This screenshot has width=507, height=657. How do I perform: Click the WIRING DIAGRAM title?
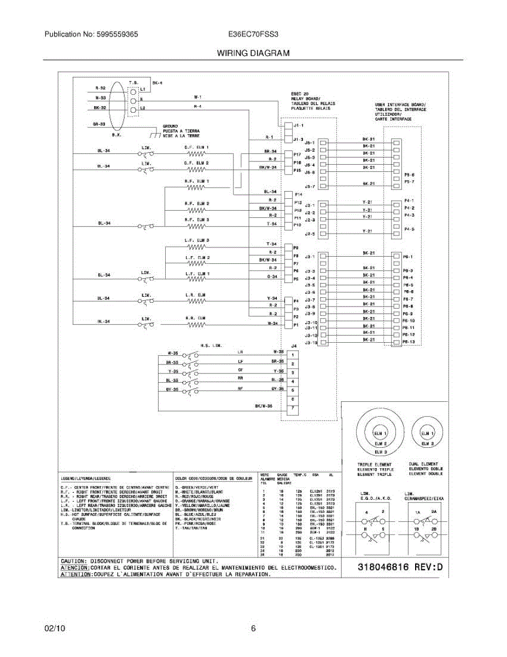[x=253, y=53]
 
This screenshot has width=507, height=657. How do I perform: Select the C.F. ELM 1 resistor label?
[x=196, y=147]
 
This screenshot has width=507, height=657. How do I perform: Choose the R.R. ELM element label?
[x=196, y=318]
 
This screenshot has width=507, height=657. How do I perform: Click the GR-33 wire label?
[x=98, y=124]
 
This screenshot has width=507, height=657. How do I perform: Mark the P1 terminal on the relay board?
[x=296, y=324]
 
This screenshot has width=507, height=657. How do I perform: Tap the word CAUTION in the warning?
[x=73, y=561]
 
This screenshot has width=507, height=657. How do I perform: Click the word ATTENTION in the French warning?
[x=75, y=575]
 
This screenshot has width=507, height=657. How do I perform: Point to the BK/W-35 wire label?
[x=264, y=406]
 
